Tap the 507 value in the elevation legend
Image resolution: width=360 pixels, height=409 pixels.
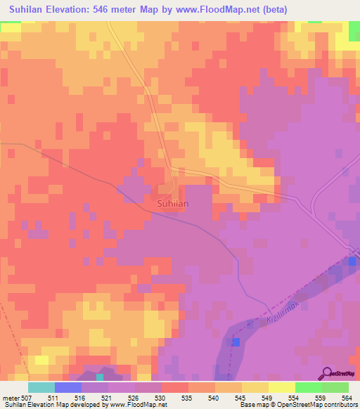(x=27, y=397)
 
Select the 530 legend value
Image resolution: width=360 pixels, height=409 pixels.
(x=161, y=397)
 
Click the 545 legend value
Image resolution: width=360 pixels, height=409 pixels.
(x=241, y=397)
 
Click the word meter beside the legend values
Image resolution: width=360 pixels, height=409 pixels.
(x=10, y=397)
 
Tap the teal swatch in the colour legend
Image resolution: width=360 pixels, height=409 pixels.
(x=41, y=387)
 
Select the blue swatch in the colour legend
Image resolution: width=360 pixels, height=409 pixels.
(x=67, y=387)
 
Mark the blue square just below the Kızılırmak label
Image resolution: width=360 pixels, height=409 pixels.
(x=236, y=342)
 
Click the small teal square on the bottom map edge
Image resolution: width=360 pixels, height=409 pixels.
(x=100, y=377)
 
